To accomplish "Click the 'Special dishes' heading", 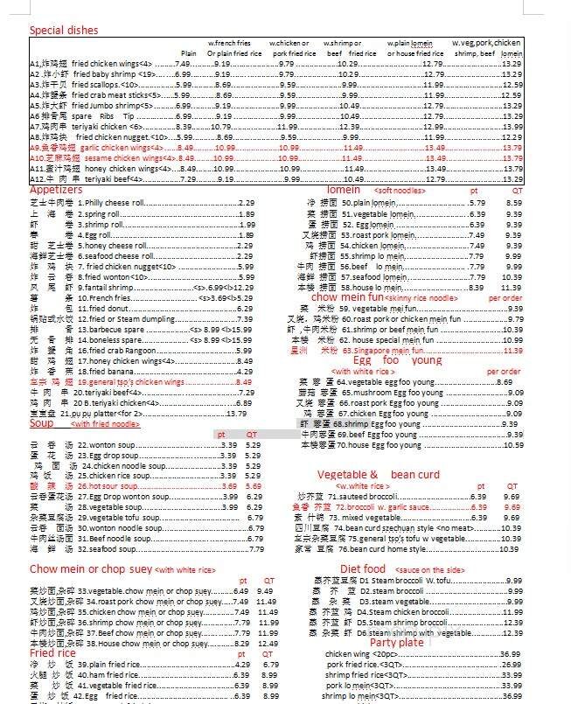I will (64, 31).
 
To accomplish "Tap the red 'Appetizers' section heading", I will (56, 190).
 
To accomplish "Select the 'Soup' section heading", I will (41, 423).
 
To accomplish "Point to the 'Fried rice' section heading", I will (53, 652).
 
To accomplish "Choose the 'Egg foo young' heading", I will (399, 360).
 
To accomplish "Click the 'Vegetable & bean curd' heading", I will (378, 475).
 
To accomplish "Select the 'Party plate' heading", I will (396, 643).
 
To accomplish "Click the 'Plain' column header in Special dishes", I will (188, 53).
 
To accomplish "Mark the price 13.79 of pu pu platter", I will (236, 413).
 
